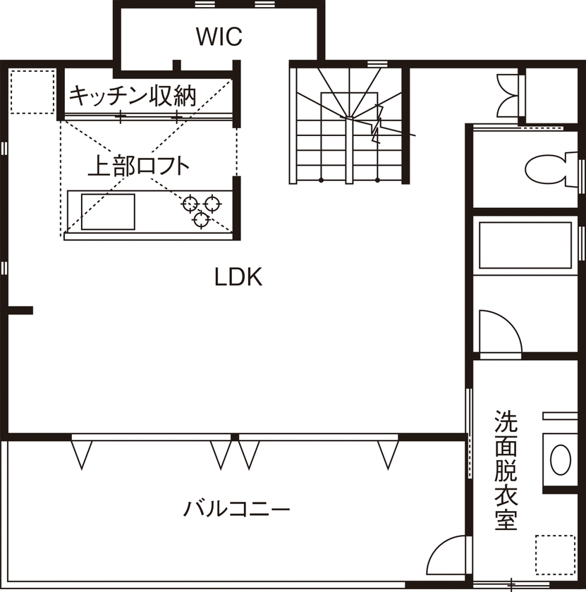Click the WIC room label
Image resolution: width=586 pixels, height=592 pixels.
(x=219, y=36)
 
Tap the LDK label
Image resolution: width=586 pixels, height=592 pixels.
(x=238, y=278)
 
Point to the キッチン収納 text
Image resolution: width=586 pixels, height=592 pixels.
(x=133, y=94)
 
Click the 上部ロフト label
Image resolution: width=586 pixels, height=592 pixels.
(x=139, y=166)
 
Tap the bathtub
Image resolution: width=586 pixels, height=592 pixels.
(x=525, y=245)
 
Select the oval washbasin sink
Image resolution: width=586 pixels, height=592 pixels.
(x=561, y=459)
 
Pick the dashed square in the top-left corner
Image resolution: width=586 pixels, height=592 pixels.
(x=32, y=91)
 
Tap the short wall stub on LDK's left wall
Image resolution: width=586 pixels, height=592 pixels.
(x=21, y=309)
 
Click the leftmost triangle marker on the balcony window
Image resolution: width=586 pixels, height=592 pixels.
(x=82, y=453)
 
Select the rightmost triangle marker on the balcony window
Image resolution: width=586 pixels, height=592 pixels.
(x=387, y=453)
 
